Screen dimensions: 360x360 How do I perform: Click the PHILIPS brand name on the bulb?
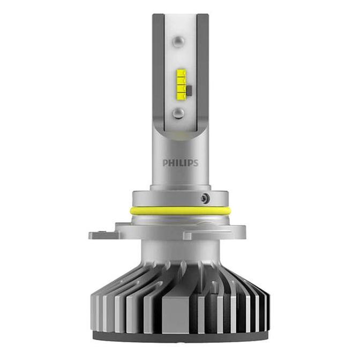tap(180, 162)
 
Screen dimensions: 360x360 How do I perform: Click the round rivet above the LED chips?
tap(179, 41)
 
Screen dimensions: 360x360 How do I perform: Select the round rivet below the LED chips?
tap(179, 113)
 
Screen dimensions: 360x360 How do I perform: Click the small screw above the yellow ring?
tap(205, 199)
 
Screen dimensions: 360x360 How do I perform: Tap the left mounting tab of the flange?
tap(102, 235)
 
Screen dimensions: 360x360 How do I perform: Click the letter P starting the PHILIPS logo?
tap(166, 162)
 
